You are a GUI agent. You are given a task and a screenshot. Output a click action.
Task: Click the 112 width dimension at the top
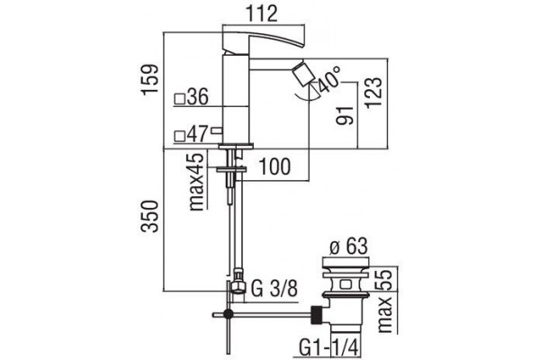(262, 13)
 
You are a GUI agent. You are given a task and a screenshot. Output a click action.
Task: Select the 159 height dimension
(151, 78)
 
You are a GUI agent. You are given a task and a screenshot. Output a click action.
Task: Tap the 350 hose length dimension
(151, 216)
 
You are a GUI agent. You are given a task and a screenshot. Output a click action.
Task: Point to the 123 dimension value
(373, 93)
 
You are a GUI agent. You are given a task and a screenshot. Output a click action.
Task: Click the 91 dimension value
(346, 116)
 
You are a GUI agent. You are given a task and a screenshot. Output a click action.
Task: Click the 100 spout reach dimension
(274, 166)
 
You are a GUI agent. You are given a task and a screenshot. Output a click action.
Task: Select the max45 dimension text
(197, 182)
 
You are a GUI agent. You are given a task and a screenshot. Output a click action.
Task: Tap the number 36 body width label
(198, 96)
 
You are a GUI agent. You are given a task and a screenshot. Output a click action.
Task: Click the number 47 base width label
(198, 134)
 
